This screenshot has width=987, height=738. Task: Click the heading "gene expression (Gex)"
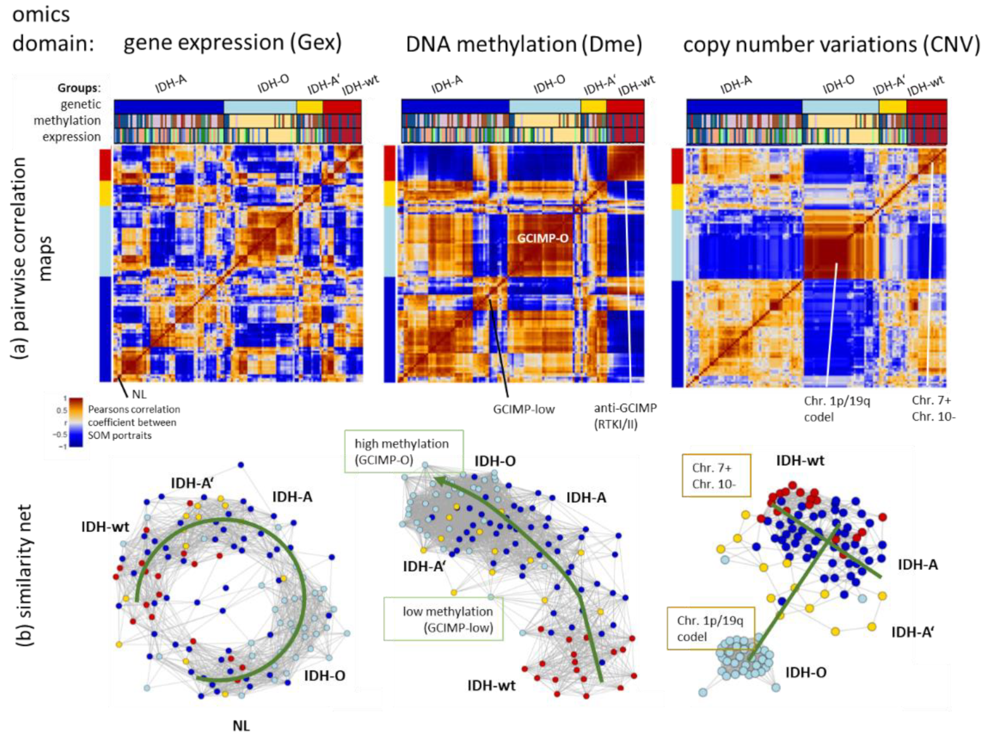(x=232, y=43)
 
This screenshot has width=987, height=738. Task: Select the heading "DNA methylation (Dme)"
(x=524, y=44)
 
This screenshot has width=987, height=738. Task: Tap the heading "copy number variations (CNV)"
(x=831, y=45)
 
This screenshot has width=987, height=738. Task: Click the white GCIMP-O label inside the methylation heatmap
(x=543, y=238)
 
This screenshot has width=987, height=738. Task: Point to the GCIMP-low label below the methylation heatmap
(x=524, y=409)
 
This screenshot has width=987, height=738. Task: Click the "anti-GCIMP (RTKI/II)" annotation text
(x=625, y=416)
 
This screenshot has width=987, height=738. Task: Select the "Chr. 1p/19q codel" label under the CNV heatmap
(x=827, y=409)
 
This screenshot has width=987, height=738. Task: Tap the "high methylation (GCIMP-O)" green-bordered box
(x=403, y=452)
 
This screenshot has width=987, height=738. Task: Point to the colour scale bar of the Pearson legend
(x=76, y=422)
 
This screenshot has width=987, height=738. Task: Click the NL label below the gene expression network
(x=241, y=725)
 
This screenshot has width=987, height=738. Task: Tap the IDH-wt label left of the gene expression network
(x=105, y=526)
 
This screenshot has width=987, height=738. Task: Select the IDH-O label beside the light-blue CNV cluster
(x=806, y=672)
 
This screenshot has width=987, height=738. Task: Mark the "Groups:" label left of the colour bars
(x=79, y=88)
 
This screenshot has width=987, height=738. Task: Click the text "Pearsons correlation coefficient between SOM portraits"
(x=133, y=422)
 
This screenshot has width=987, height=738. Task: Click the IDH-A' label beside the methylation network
(x=424, y=567)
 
